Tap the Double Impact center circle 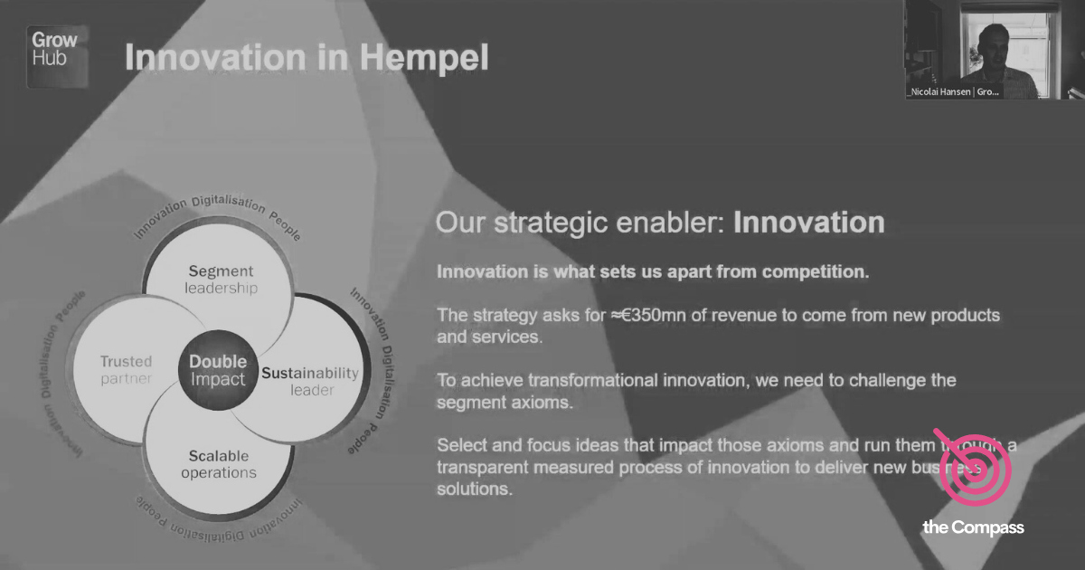pyautogui.click(x=218, y=370)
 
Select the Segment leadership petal pyautogui.click(x=221, y=280)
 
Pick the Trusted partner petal pyautogui.click(x=126, y=370)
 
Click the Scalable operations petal pyautogui.click(x=219, y=464)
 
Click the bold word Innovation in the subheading pyautogui.click(x=808, y=223)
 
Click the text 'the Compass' pyautogui.click(x=973, y=527)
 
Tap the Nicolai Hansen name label pyautogui.click(x=953, y=91)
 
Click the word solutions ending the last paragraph pyautogui.click(x=474, y=489)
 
